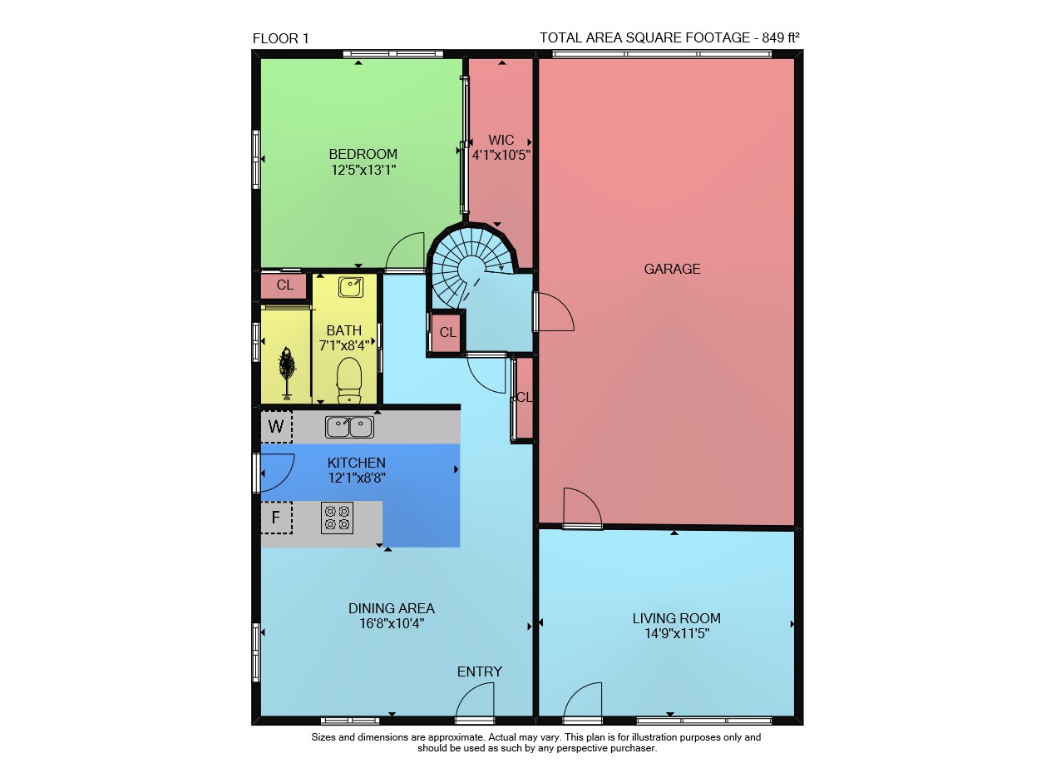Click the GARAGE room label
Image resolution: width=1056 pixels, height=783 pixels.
672,270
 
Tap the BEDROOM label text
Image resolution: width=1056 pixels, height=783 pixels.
363,155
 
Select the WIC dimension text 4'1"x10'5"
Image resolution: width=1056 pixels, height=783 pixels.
501,156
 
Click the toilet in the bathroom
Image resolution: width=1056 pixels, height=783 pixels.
349,380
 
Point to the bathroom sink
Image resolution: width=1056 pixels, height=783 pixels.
351,287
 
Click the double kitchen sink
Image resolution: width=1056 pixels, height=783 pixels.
349,427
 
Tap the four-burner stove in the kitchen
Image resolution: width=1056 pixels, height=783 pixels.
337,518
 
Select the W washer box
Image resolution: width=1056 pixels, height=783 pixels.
276,427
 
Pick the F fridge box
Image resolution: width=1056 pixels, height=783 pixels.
276,518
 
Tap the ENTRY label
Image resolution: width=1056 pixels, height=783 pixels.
480,672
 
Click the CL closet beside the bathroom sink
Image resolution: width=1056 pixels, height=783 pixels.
284,285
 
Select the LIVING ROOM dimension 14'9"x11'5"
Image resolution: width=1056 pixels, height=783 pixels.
677,633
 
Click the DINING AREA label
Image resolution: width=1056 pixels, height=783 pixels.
392,608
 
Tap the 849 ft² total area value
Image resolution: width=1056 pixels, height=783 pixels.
780,37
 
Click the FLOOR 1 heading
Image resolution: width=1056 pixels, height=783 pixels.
280,38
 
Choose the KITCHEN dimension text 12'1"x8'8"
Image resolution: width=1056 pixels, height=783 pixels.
357,478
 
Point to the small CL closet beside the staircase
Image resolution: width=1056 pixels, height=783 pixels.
447,332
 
